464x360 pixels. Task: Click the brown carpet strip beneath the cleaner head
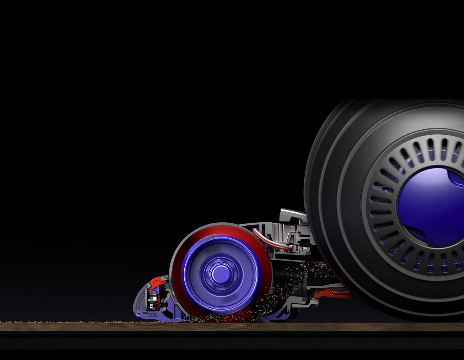(x=232, y=327)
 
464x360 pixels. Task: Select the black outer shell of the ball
(x=328, y=173)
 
